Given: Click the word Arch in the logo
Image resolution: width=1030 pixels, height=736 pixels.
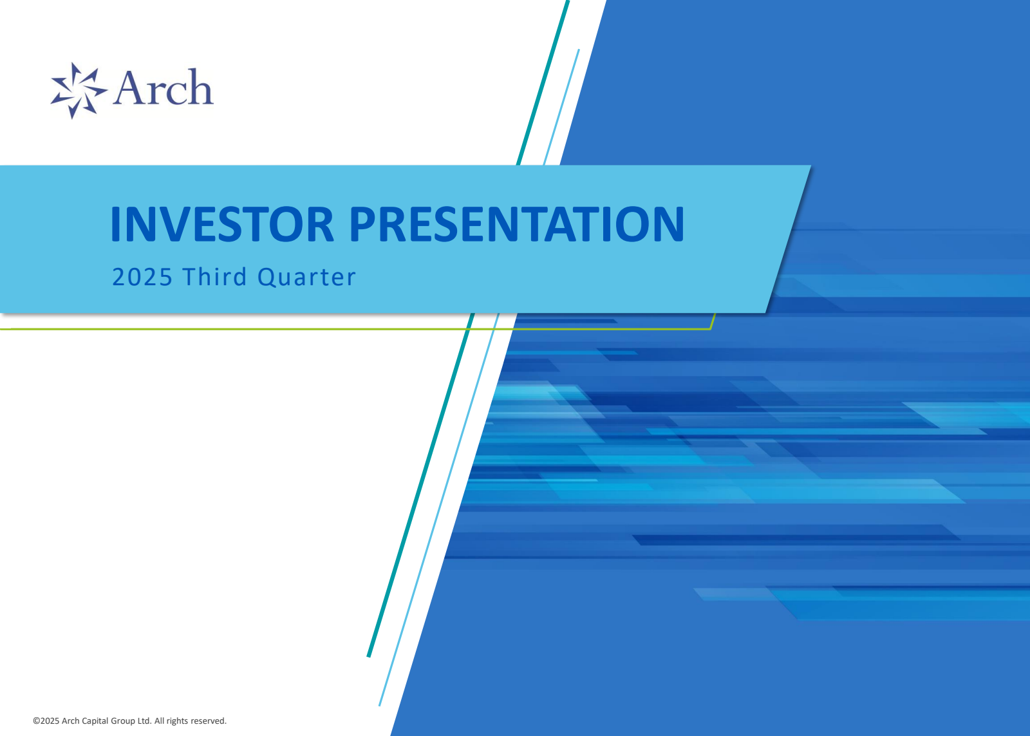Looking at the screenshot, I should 163,88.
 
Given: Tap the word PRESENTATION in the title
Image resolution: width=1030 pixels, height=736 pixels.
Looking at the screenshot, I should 516,225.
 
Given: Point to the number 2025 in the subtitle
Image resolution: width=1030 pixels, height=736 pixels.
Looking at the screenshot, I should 142,278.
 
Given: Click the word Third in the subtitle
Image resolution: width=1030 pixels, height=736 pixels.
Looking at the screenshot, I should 215,277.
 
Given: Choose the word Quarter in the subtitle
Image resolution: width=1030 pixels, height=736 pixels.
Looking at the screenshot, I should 306,278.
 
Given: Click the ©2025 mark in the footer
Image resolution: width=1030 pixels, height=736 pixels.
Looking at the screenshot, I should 46,721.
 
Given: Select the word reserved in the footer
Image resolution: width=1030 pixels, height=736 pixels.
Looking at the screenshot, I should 208,721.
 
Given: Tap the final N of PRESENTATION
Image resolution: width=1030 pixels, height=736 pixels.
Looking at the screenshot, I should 667,225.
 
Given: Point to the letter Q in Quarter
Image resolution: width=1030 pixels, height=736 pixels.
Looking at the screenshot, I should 267,278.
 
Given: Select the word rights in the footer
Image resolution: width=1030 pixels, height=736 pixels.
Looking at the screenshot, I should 177,721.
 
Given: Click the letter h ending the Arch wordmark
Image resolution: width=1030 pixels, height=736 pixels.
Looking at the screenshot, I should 200,88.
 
